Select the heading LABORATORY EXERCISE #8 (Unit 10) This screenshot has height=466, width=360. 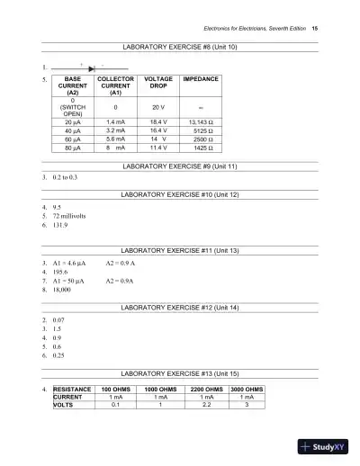[x=179, y=46]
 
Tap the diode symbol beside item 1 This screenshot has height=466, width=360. [x=93, y=67]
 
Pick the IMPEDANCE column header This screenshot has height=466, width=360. [x=201, y=80]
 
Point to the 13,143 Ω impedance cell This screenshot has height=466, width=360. [x=201, y=121]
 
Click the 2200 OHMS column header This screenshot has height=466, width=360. [x=207, y=389]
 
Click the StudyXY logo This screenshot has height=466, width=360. [x=325, y=444]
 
